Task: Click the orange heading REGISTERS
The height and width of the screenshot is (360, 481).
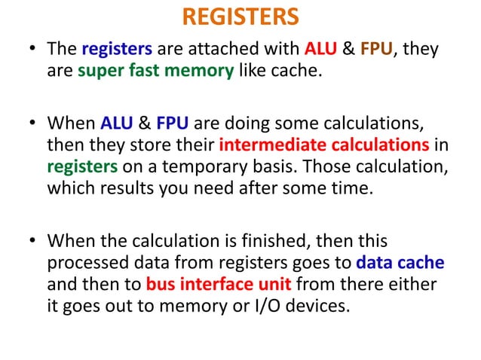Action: tap(240, 16)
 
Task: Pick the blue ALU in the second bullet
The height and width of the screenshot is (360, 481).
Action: tap(118, 122)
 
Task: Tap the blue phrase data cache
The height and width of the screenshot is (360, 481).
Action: tap(399, 264)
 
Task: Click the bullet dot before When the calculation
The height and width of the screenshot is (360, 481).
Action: tap(32, 243)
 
